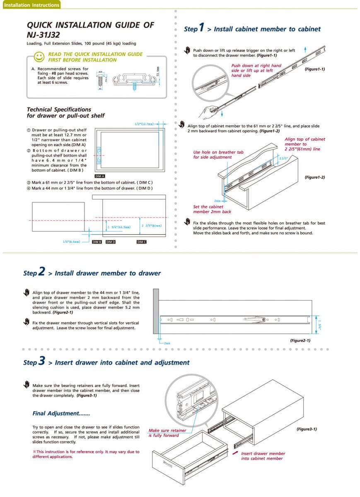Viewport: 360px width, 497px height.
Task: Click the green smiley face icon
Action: pos(39,56)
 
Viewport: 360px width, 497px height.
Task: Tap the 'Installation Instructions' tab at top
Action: pos(31,5)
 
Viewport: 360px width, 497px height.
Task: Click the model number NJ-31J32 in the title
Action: pos(43,35)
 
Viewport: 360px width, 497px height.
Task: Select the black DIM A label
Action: pos(100,176)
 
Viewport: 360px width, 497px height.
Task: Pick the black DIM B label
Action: pos(97,241)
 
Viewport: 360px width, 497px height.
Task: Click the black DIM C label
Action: pos(141,241)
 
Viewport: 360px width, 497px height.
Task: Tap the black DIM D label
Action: pos(111,241)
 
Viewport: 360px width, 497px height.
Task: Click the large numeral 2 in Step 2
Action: pos(41,271)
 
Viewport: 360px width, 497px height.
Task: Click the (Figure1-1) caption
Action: pos(314,69)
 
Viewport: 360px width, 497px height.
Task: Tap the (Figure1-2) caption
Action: pos(314,177)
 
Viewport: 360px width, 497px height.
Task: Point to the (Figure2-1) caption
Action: pos(300,340)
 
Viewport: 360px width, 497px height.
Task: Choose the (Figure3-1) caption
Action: pos(307,429)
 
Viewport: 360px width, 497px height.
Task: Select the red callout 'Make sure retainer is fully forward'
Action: pos(164,433)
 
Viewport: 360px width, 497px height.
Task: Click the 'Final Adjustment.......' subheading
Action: pos(61,413)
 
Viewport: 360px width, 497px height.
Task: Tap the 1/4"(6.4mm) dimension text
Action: pos(71,241)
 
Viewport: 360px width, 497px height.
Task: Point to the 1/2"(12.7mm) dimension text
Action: pos(144,124)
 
